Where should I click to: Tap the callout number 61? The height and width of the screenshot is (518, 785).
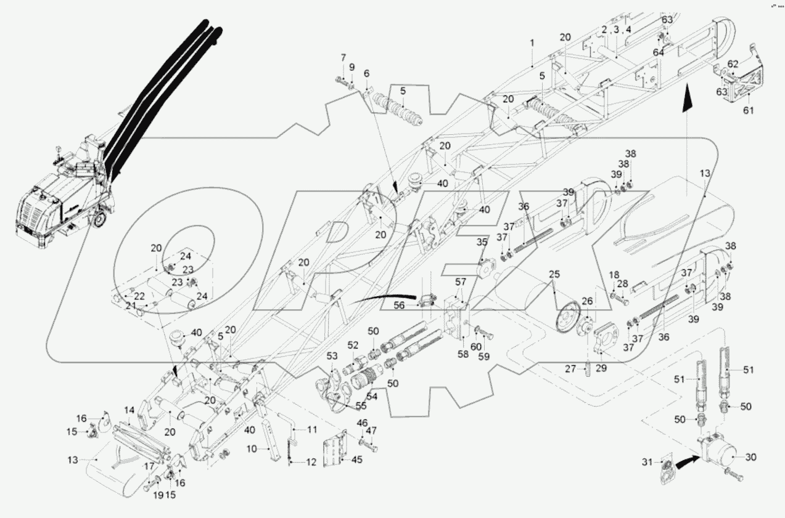[749, 110]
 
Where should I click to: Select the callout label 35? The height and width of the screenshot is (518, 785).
[482, 243]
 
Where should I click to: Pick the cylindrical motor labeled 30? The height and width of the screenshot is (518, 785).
[721, 457]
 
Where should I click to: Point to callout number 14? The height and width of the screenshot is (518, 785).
[129, 410]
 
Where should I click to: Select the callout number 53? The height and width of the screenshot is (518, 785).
[332, 355]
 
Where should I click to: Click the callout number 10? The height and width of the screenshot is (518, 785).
[252, 449]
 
